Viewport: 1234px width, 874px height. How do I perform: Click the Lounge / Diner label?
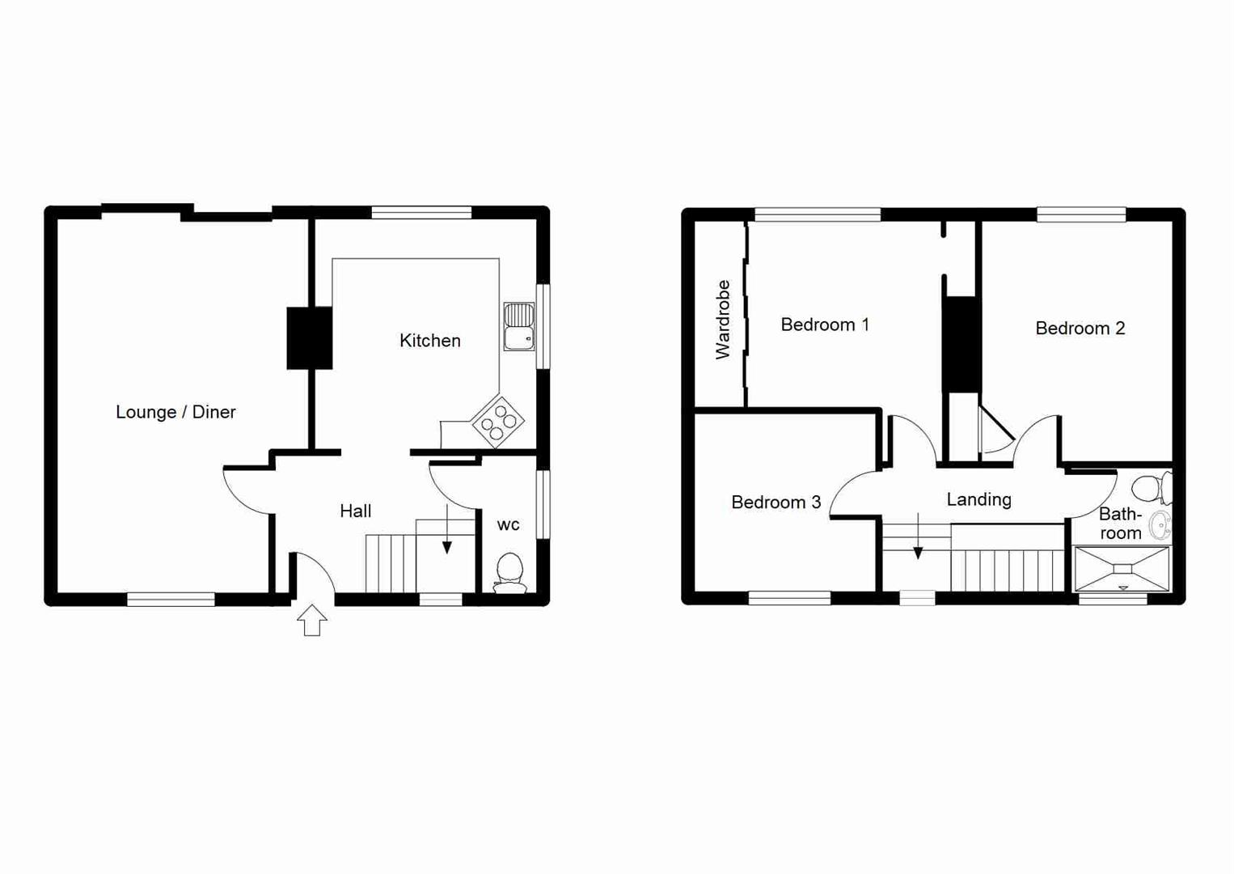[x=175, y=412]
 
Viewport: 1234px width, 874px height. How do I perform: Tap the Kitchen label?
[x=429, y=341]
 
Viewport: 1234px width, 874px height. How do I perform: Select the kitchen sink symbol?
[x=519, y=326]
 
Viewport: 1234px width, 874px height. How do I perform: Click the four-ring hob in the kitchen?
[x=497, y=422]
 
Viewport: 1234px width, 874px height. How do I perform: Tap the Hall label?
[x=355, y=511]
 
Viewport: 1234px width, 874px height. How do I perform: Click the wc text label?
[x=508, y=525]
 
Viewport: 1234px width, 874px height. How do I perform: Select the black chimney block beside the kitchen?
[x=310, y=337]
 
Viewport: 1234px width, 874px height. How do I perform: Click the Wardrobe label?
[x=722, y=320]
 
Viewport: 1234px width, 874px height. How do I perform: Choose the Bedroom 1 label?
[x=824, y=325]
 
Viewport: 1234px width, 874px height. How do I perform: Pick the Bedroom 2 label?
[x=1080, y=328]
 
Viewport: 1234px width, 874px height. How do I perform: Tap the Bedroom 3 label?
[x=775, y=503]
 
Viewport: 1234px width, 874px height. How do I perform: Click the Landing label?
[x=978, y=499]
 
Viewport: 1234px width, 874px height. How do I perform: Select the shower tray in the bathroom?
[x=1122, y=569]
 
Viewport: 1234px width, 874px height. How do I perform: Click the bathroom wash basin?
[x=1160, y=525]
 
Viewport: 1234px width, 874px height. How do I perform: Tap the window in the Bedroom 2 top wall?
[x=1081, y=214]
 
